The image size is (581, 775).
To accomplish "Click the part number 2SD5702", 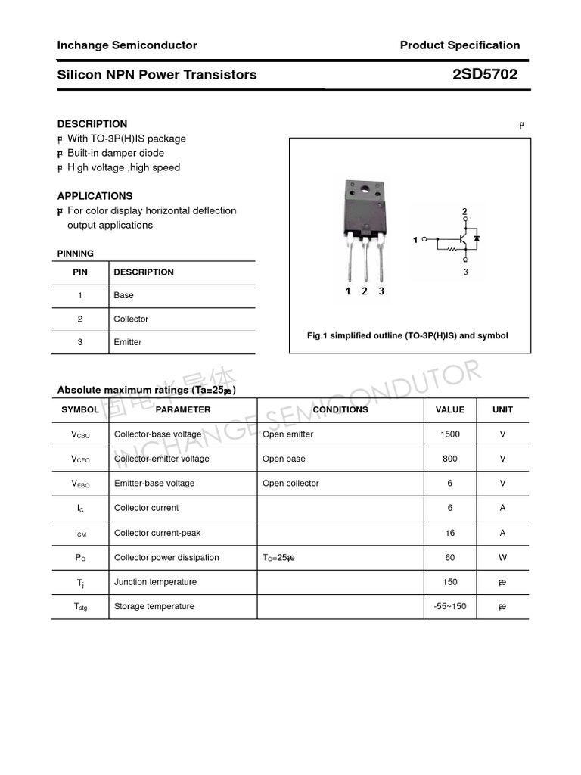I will pyautogui.click(x=485, y=74).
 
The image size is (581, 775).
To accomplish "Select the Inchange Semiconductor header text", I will pyautogui.click(x=127, y=45).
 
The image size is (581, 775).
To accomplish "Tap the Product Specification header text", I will pyautogui.click(x=460, y=45).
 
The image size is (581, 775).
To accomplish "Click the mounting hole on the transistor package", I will pyautogui.click(x=364, y=188).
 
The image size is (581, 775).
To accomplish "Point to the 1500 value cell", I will pyautogui.click(x=449, y=434).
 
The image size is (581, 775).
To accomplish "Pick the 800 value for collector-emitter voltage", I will pyautogui.click(x=449, y=459).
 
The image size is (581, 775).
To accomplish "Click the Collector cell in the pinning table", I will pyautogui.click(x=131, y=319).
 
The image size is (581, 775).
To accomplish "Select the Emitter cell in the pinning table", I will pyautogui.click(x=128, y=342).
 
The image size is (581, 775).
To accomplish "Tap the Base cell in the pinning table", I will pyautogui.click(x=123, y=295).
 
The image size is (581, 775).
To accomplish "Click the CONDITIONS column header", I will pyautogui.click(x=340, y=409).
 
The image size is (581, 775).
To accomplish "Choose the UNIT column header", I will pyautogui.click(x=502, y=409).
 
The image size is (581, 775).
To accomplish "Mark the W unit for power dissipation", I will pyautogui.click(x=502, y=557).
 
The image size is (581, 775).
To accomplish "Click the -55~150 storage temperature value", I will pyautogui.click(x=449, y=606).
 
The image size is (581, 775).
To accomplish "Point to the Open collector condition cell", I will pyautogui.click(x=290, y=483).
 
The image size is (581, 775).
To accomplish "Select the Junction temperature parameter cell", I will pyautogui.click(x=155, y=582).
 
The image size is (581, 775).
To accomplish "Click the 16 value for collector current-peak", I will pyautogui.click(x=449, y=533).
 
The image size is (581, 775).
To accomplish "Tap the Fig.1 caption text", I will pyautogui.click(x=407, y=335).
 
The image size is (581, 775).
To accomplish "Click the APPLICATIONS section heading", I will pyautogui.click(x=95, y=196).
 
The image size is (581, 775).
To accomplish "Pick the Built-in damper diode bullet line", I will pyautogui.click(x=115, y=153).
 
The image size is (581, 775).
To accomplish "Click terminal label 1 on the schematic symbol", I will pyautogui.click(x=415, y=240).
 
